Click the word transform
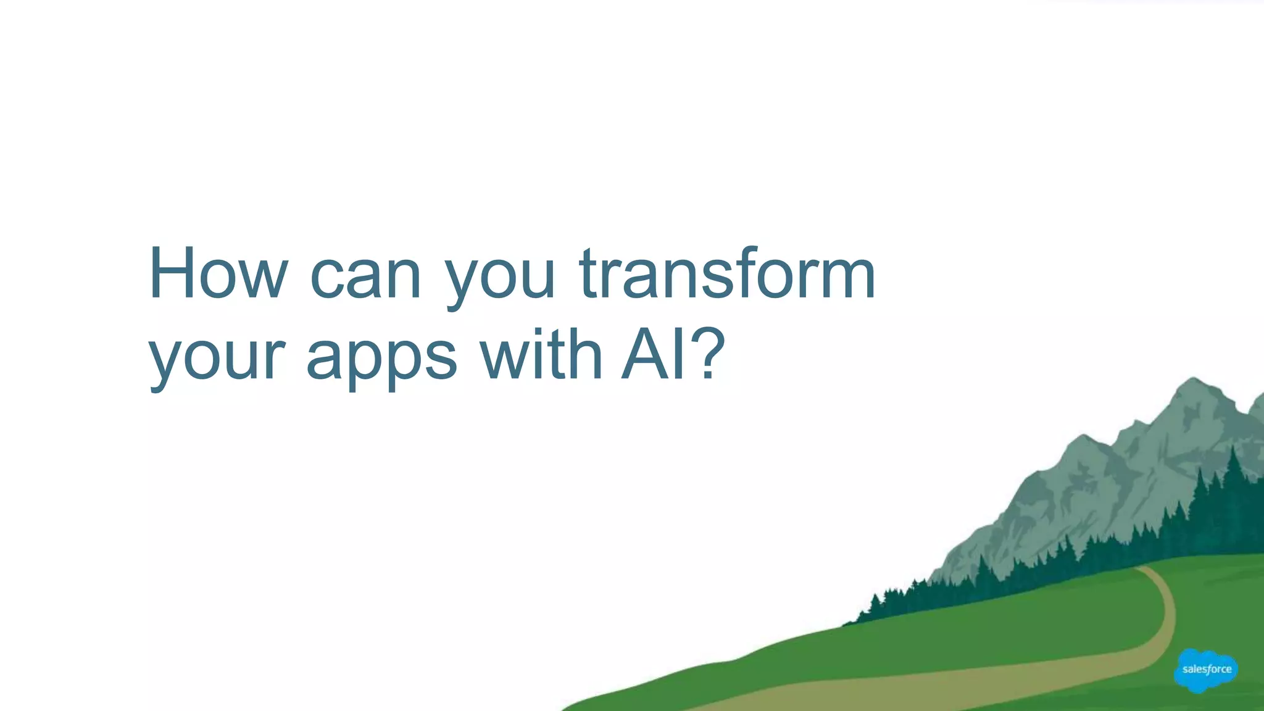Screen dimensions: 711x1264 727,274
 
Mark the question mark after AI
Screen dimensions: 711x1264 707,354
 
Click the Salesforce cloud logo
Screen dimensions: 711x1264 1206,670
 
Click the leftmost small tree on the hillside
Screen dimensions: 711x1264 874,602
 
